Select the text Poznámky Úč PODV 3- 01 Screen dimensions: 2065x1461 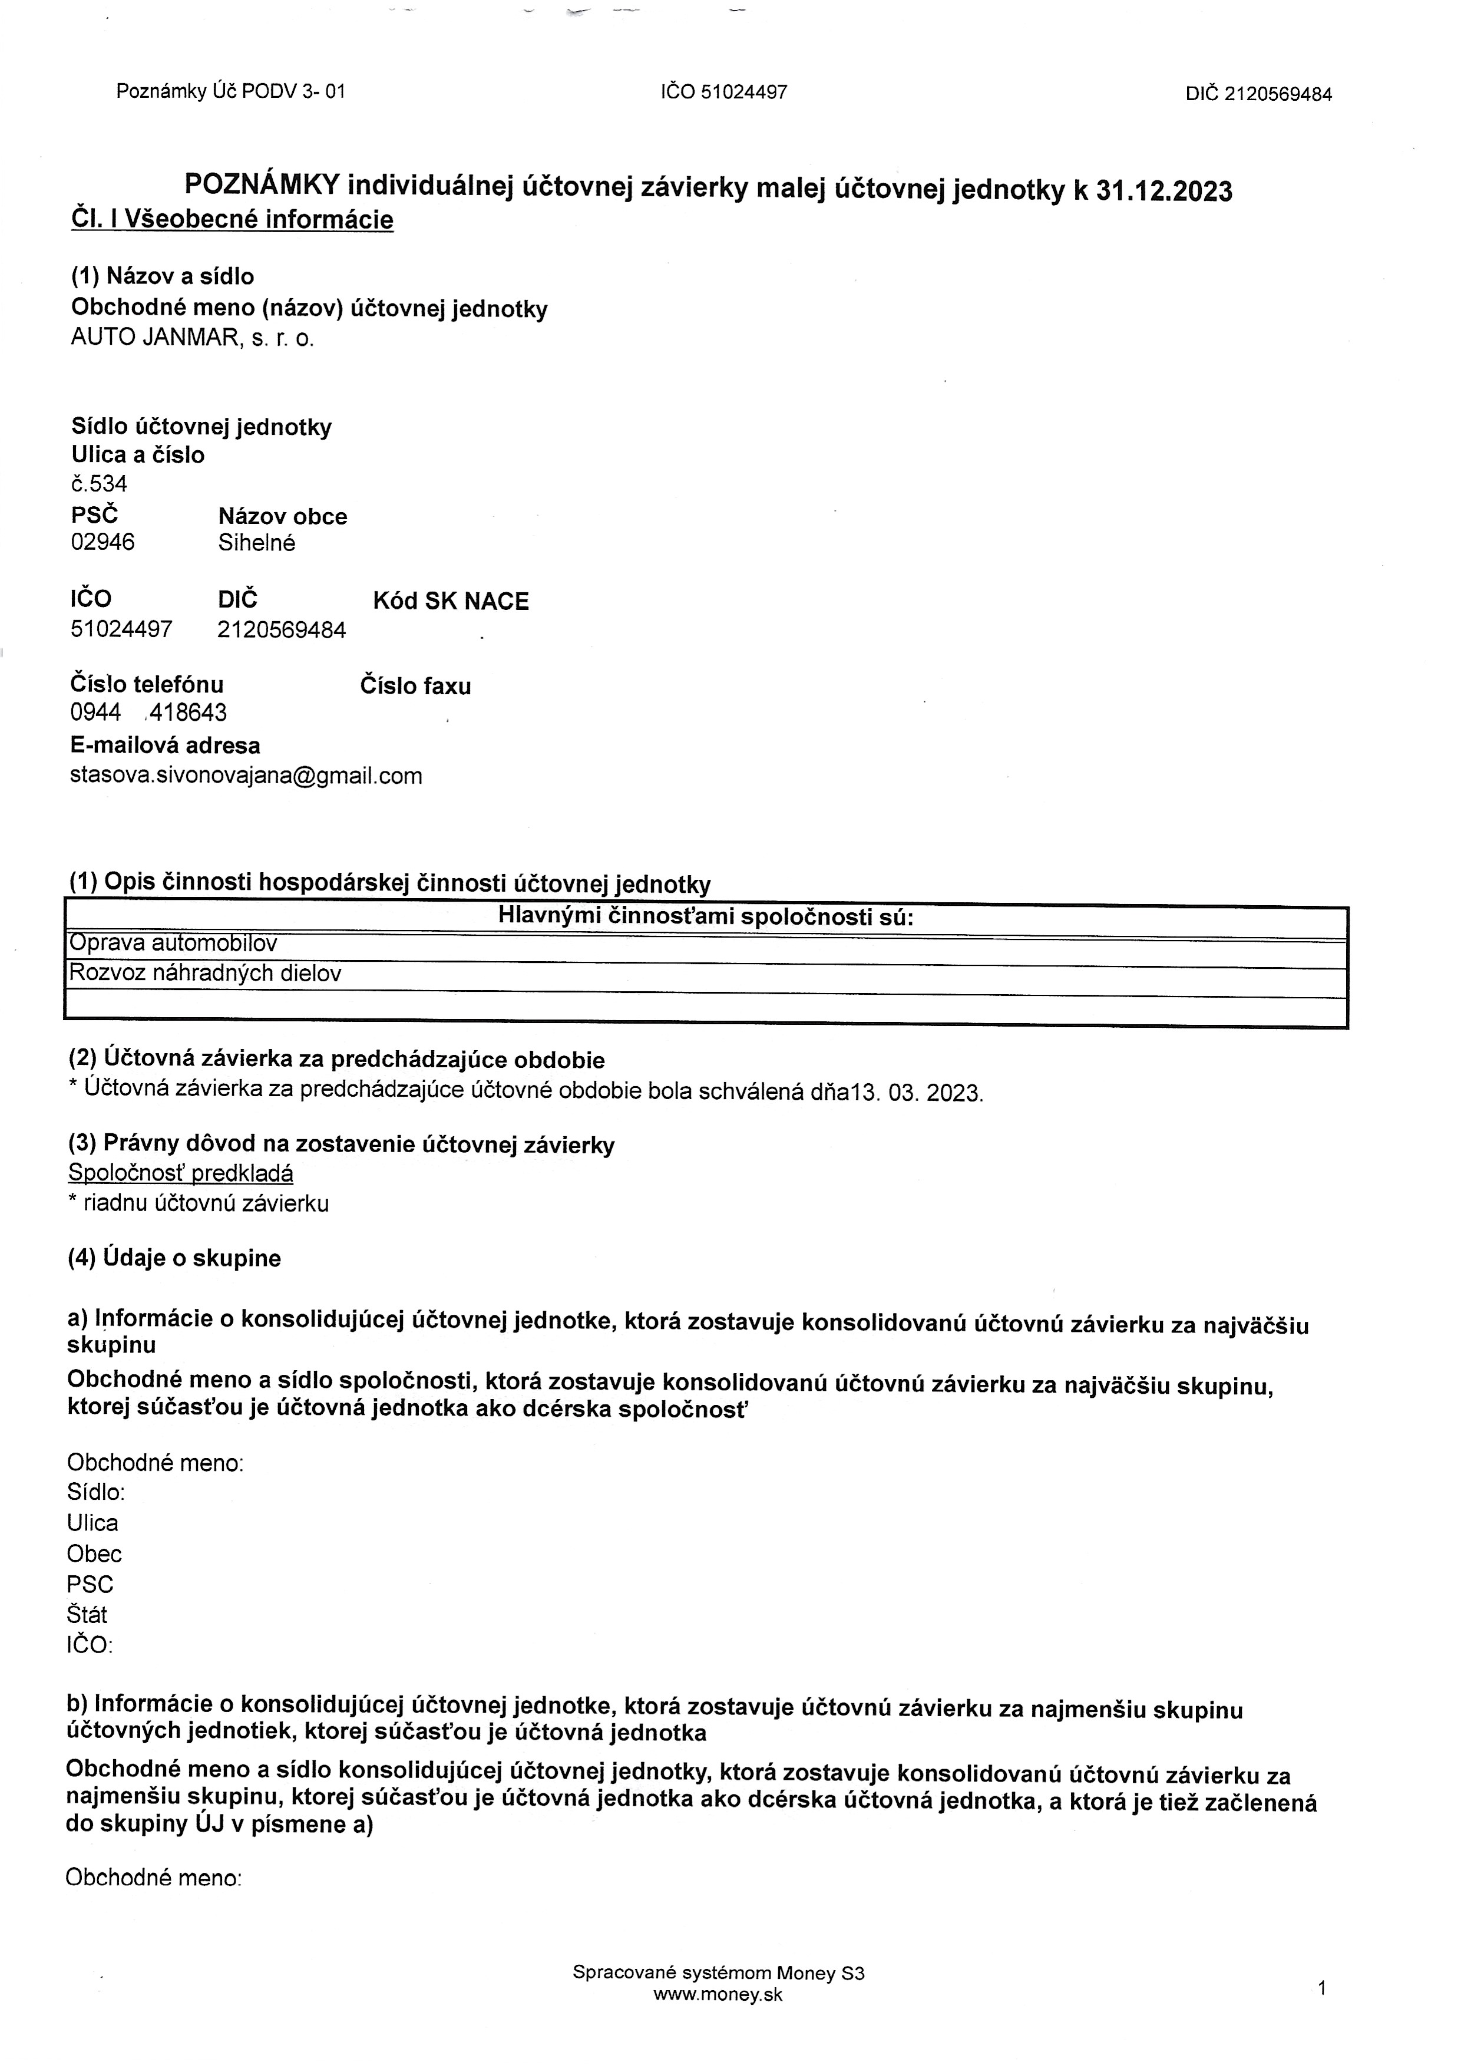point(230,91)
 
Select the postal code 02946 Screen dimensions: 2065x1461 point(103,543)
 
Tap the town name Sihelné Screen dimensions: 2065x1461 point(256,543)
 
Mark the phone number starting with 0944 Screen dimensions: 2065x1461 point(148,714)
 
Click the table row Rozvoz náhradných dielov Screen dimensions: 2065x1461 point(205,974)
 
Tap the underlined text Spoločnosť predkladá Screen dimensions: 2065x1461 point(181,1173)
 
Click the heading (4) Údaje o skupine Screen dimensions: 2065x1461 point(174,1258)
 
